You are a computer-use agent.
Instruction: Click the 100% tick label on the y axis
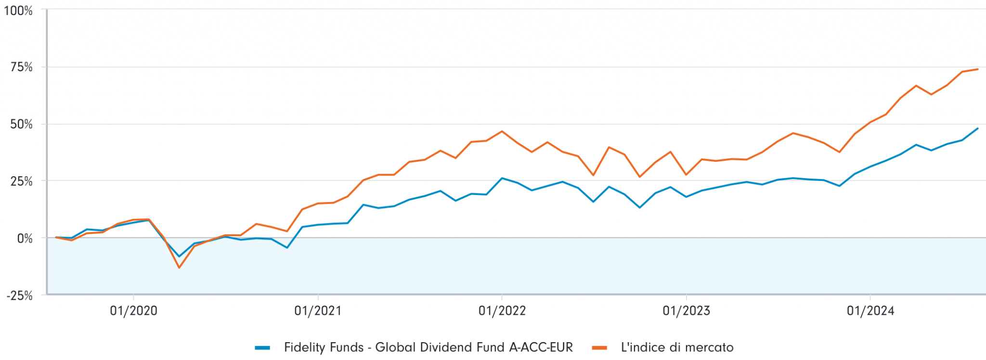click(x=18, y=11)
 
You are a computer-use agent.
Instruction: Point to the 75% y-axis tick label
click(x=22, y=67)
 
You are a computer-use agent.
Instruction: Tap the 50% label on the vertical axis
click(x=22, y=124)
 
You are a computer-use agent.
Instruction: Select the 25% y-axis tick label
click(x=22, y=181)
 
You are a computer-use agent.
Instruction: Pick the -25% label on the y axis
click(x=19, y=296)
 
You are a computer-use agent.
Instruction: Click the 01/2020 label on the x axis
click(x=133, y=311)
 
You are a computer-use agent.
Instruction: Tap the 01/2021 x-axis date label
click(x=318, y=311)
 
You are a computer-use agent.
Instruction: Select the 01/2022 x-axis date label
click(x=502, y=311)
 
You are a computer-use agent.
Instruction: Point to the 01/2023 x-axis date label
click(x=686, y=311)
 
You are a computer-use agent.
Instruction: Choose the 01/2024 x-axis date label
click(x=870, y=311)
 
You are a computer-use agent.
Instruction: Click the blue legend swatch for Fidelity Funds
click(x=262, y=347)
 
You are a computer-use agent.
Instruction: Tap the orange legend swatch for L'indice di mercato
click(x=599, y=347)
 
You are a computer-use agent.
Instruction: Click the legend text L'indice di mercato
click(x=677, y=347)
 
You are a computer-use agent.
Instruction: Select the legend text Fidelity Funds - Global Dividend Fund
click(x=428, y=347)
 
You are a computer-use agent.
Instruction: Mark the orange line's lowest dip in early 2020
click(x=179, y=268)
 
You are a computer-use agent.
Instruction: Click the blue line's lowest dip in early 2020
click(x=180, y=257)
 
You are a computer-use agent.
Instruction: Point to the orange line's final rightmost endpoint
click(x=977, y=69)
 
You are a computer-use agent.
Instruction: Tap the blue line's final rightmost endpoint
click(x=977, y=129)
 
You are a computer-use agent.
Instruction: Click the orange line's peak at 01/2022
click(x=502, y=131)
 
